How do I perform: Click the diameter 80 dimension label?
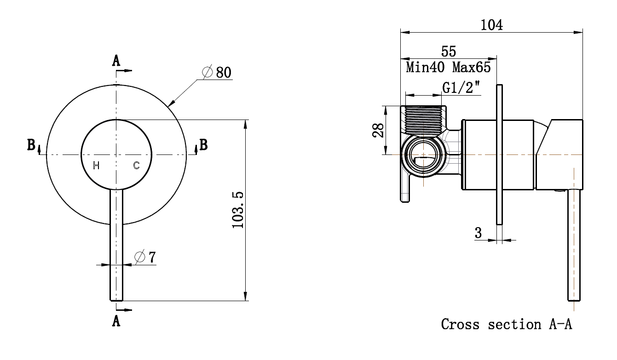pos(217,73)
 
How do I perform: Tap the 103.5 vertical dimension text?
pos(238,210)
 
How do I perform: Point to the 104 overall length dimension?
pos(492,25)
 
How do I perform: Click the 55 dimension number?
pos(448,51)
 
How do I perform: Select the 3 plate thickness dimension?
pos(479,233)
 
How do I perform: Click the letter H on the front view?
pos(96,166)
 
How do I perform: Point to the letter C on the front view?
pos(136,166)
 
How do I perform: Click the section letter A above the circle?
pos(116,60)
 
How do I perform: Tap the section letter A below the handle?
pos(116,320)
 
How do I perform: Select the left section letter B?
pos(31,145)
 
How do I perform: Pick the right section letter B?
pos(203,145)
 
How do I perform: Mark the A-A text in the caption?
pos(560,324)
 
